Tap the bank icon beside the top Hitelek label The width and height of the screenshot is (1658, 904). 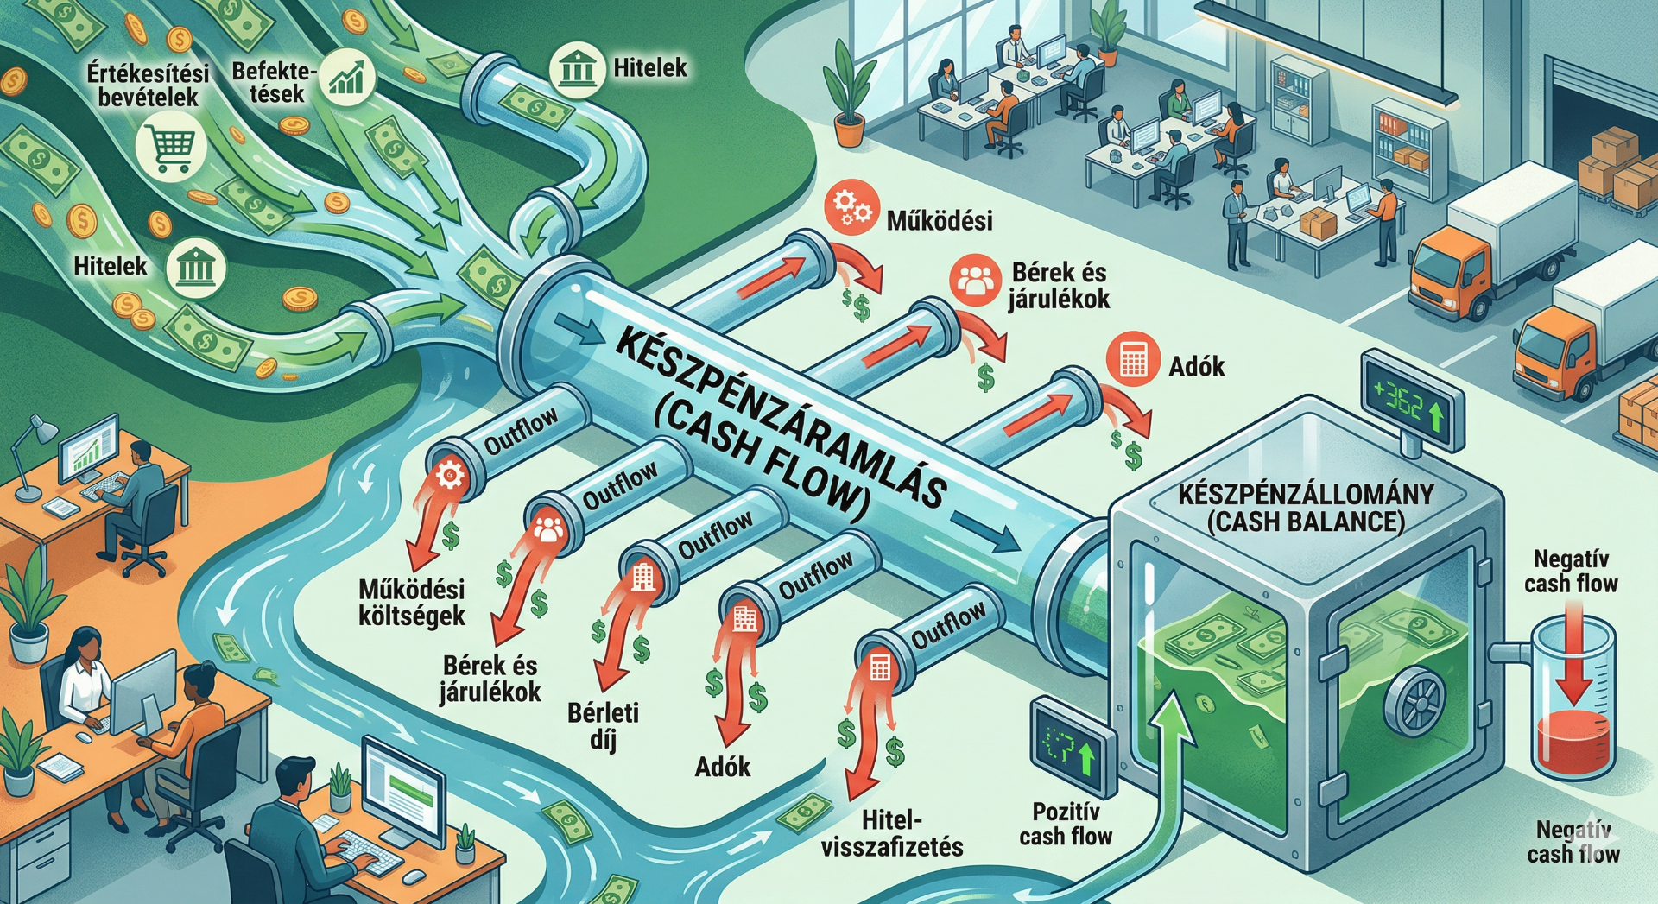(576, 66)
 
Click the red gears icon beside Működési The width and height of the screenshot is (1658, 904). (851, 208)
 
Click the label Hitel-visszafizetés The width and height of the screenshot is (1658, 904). (892, 833)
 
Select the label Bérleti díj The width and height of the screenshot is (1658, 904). (604, 725)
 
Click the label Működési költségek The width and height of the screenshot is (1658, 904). (412, 602)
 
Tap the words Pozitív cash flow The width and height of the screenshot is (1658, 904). (1066, 824)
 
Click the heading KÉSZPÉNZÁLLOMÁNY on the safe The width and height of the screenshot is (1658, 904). (1305, 495)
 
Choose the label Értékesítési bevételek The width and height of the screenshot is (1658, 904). (148, 85)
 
